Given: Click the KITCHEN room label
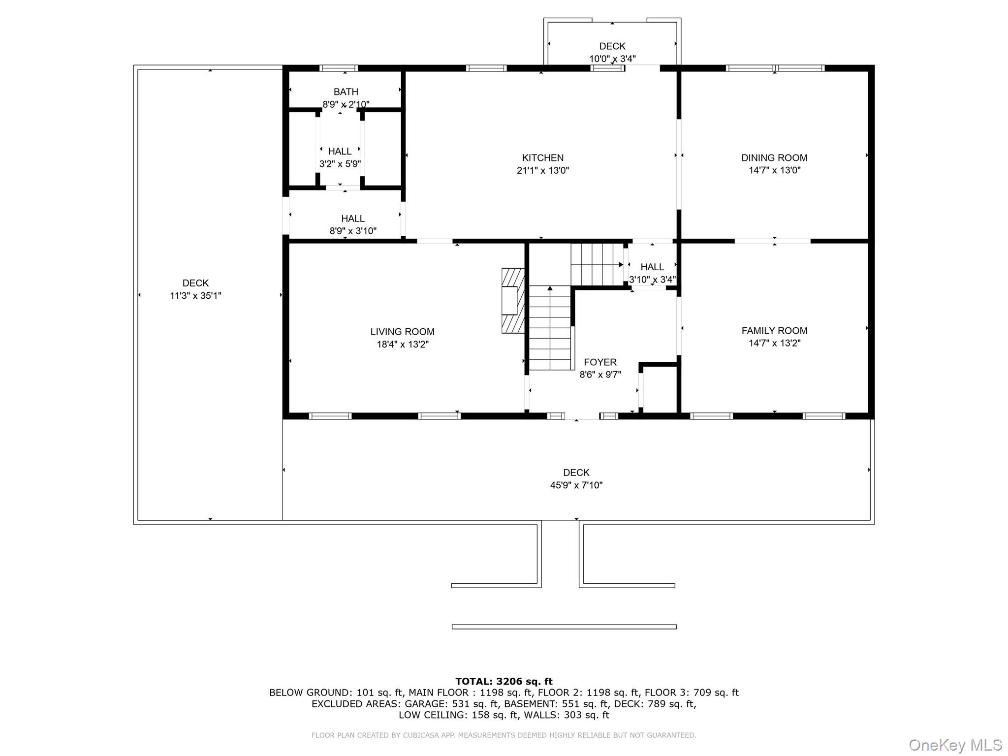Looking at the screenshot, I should click(542, 157).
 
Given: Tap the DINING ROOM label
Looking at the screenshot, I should click(774, 157).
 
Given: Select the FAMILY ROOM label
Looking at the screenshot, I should click(774, 331).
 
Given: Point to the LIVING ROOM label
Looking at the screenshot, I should click(402, 332).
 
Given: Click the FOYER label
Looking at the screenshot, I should click(600, 362).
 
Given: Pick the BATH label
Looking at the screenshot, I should click(346, 92).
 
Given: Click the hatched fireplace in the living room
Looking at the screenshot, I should click(512, 301).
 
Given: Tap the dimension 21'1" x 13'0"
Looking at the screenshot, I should click(542, 170).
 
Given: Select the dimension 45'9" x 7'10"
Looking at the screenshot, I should click(576, 485).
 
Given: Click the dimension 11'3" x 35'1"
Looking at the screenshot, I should click(195, 296).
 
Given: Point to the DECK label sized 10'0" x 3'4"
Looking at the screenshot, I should click(612, 46).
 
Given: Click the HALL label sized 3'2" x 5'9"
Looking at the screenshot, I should click(340, 151).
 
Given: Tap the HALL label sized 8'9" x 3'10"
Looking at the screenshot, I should click(353, 219).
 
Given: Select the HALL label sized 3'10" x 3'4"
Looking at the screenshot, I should click(652, 267).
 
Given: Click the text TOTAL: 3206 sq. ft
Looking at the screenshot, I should click(504, 682).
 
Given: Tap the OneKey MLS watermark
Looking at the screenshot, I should click(955, 745).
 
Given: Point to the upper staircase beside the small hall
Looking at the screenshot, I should click(597, 265).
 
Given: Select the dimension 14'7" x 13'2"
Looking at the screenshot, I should click(774, 343).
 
